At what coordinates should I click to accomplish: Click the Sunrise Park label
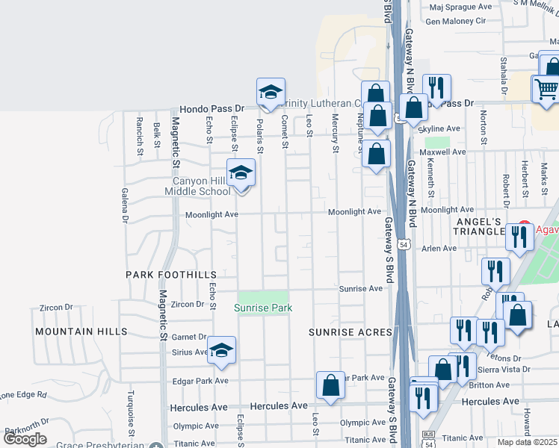click(263, 308)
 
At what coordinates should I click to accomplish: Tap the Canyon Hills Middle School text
click(203, 186)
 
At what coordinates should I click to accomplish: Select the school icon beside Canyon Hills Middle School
click(241, 173)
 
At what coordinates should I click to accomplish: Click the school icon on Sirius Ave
click(222, 351)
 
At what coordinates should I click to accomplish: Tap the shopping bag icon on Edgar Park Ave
click(330, 386)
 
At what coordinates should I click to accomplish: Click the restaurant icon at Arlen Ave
click(519, 237)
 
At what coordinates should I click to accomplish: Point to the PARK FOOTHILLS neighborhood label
click(170, 275)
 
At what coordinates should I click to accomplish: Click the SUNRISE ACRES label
click(350, 332)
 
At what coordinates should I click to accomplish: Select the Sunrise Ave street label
click(361, 288)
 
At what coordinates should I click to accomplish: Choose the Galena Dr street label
click(125, 205)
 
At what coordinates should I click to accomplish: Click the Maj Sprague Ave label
click(459, 6)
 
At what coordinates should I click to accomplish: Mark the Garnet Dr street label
click(188, 337)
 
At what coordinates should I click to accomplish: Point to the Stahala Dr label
click(505, 81)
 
